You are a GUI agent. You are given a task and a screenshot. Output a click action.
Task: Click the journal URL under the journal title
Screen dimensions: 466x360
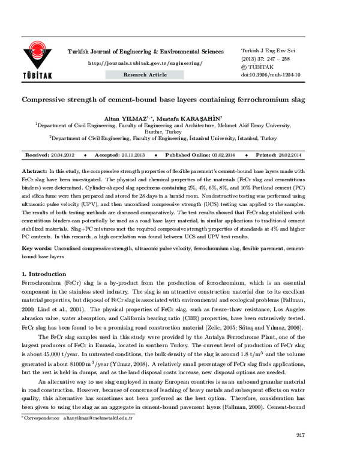pyautogui.click(x=145, y=62)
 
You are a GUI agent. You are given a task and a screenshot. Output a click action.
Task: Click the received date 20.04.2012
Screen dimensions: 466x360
pyautogui.click(x=62, y=155)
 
